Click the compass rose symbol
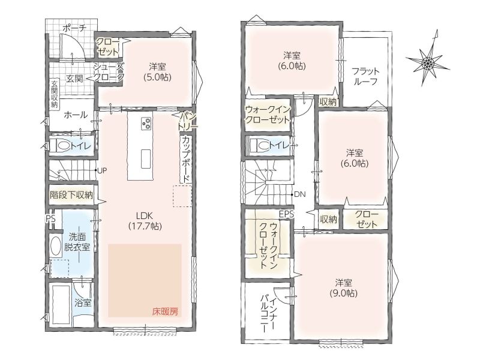(427, 63)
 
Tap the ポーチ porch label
(74, 28)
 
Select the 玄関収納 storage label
(54, 94)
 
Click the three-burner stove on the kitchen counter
(146, 124)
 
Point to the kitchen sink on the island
(146, 158)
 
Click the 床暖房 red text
(165, 312)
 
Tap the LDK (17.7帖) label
(145, 221)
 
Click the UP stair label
(102, 170)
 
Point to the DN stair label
(299, 194)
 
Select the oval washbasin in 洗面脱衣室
(55, 246)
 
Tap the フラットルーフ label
(365, 76)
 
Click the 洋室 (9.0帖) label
(343, 288)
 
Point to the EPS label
(286, 214)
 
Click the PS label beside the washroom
(51, 218)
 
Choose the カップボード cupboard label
(185, 158)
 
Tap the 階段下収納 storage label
(71, 195)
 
